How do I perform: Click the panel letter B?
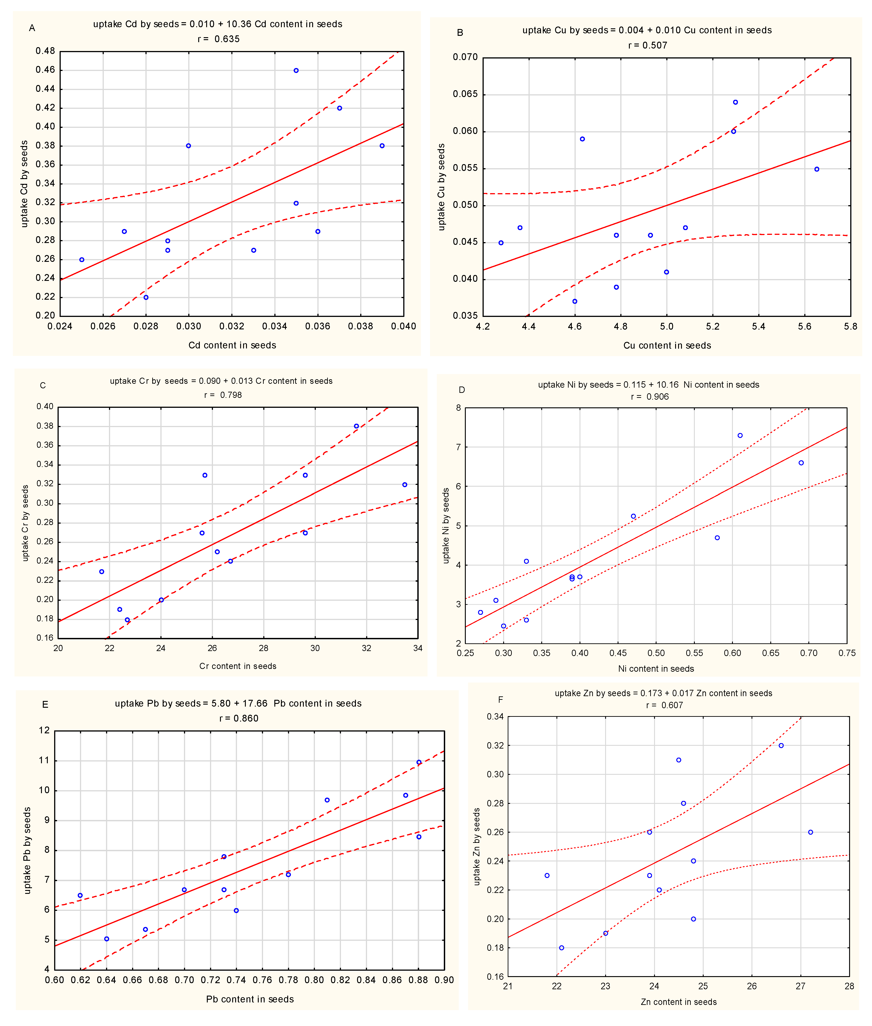[460, 33]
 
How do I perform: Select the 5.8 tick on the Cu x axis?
[850, 326]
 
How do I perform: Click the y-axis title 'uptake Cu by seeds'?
[442, 187]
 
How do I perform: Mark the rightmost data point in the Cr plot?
[405, 485]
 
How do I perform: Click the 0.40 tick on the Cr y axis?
[45, 407]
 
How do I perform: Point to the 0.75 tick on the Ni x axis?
[847, 653]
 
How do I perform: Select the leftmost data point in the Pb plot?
[80, 895]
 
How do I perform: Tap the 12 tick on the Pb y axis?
[44, 731]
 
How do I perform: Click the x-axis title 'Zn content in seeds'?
[678, 1002]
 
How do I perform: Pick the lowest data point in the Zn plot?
[562, 948]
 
